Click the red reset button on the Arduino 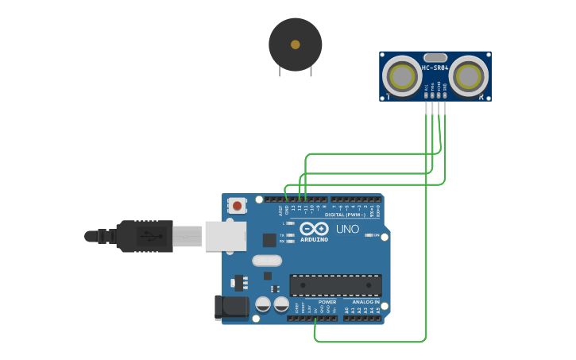(237, 206)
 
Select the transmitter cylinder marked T (402, 76)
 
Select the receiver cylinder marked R (469, 76)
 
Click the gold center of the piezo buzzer (296, 45)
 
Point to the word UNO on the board (347, 230)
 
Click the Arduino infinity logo (314, 228)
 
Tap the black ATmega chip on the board (335, 285)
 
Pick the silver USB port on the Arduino (225, 236)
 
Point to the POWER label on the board (327, 302)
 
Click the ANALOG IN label (365, 302)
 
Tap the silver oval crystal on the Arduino (267, 261)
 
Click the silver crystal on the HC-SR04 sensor (435, 57)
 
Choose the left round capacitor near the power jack (263, 304)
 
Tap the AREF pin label (280, 210)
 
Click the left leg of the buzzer (280, 71)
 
